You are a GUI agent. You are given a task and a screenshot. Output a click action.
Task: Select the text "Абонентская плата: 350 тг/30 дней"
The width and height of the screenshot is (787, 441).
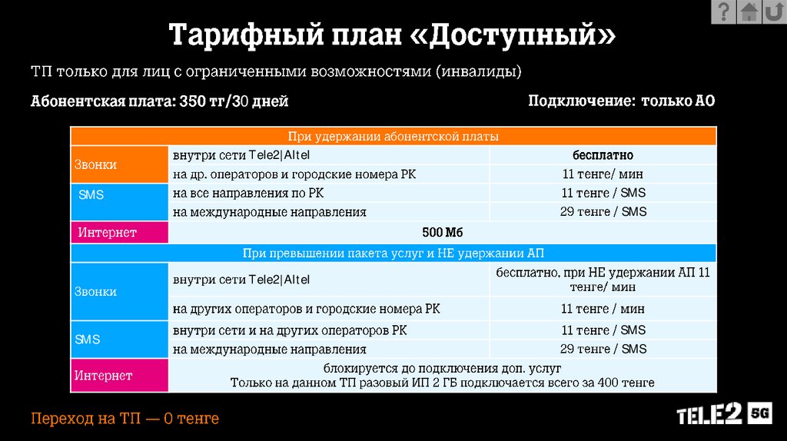point(160,101)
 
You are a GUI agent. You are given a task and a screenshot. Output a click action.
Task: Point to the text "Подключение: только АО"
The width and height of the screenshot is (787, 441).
point(621,101)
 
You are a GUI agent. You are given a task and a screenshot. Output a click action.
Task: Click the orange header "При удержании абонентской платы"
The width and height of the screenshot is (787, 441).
point(393,137)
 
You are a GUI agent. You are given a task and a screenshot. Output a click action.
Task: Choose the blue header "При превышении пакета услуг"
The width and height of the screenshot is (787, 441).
point(393,253)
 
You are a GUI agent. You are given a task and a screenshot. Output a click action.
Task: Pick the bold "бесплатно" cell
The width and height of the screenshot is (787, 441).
point(603,155)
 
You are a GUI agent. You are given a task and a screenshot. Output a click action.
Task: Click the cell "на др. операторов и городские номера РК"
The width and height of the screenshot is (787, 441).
point(294,174)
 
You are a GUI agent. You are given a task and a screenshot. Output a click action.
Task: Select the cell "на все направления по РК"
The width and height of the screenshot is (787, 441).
point(247,193)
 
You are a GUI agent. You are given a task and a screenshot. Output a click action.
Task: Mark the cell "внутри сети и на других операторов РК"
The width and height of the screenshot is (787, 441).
point(290,330)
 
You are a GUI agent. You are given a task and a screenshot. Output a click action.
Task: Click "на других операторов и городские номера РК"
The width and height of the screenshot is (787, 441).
point(307,309)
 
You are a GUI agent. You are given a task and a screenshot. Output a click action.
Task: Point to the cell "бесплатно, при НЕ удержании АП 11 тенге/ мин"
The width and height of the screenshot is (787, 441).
point(603,280)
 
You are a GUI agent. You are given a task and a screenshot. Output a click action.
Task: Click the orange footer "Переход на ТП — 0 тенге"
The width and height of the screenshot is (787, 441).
point(125,419)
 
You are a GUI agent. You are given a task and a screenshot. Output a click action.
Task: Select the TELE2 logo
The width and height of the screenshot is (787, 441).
point(709,415)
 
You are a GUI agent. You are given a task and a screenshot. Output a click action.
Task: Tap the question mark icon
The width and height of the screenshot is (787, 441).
point(723,12)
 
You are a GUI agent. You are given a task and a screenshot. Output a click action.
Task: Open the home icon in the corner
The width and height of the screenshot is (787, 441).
point(749,12)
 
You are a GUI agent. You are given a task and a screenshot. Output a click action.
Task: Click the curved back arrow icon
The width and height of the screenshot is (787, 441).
point(774,12)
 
